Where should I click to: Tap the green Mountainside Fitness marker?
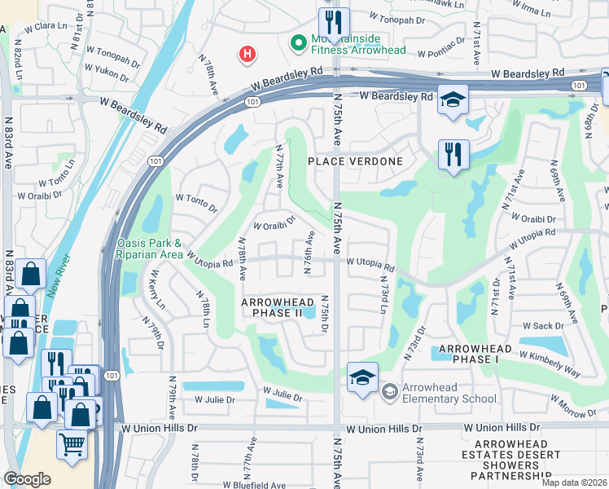click(x=298, y=41)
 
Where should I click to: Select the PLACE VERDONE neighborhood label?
click(x=355, y=161)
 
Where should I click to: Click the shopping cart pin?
click(x=72, y=444)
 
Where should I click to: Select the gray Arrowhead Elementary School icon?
click(x=389, y=393)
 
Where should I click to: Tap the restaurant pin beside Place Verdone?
click(x=453, y=153)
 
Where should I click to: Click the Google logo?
click(x=27, y=479)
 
